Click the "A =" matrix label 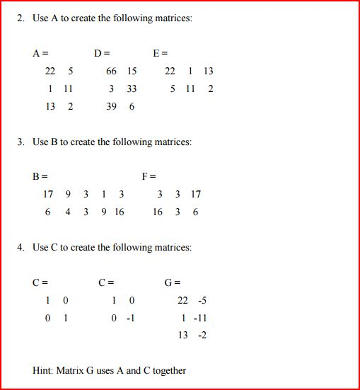pos(40,53)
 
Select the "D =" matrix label pos(102,53)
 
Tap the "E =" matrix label pos(160,53)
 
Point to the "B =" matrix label pos(40,176)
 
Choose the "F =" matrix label pos(149,176)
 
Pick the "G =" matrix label pos(173,283)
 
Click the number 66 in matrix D pos(111,71)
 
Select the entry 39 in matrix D pos(111,107)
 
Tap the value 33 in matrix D pos(132,89)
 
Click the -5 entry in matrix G pos(202,301)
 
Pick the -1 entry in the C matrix pos(130,318)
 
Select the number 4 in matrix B pos(68,212)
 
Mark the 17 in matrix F pos(196,194)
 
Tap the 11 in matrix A pos(68,89)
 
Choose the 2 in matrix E pos(211,89)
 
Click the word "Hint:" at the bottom pos(44,370)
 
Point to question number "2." pos(21,18)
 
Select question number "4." pos(21,248)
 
